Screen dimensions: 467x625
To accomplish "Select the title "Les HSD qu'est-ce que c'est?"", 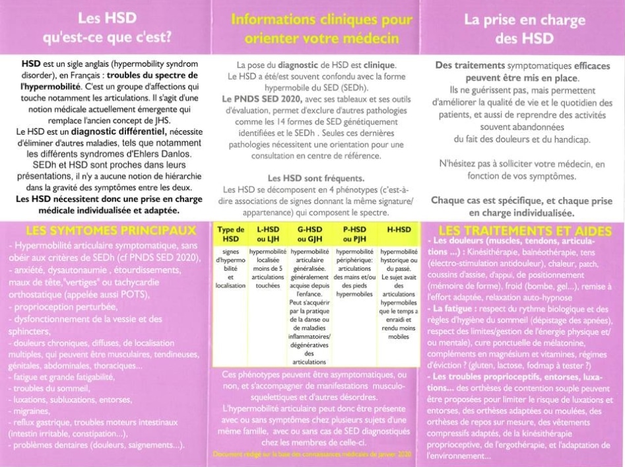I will point(108,28).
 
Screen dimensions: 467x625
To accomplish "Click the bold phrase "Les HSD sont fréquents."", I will point(311,178).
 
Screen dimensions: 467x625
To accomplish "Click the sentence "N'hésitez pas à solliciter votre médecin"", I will point(521,162).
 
